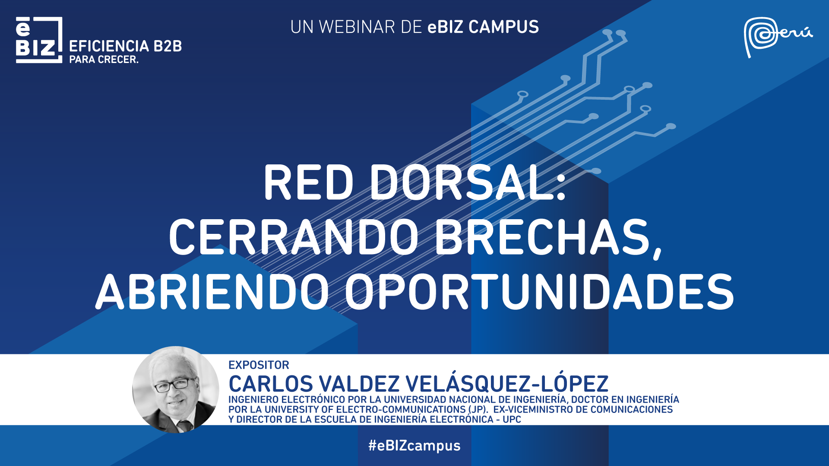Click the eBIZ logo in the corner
[39, 40]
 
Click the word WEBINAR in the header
[357, 27]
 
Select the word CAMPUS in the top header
[503, 27]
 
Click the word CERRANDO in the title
[294, 237]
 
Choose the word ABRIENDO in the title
[212, 292]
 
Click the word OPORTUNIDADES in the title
[539, 292]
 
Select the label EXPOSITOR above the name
[259, 365]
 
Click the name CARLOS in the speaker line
[271, 384]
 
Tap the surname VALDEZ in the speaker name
[359, 384]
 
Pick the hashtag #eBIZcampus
[414, 445]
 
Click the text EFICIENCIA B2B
[126, 46]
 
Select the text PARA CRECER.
[104, 60]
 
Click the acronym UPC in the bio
[512, 419]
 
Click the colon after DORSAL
[561, 188]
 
